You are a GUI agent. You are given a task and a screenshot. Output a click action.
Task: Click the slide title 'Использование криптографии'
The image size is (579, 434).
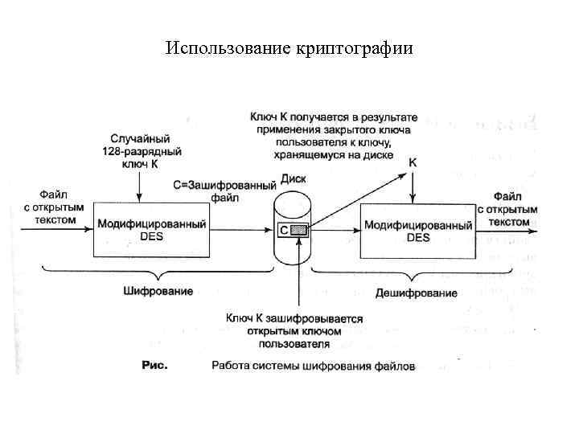coord(289,48)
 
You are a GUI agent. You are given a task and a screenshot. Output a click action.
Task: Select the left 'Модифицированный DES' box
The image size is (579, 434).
coord(150,230)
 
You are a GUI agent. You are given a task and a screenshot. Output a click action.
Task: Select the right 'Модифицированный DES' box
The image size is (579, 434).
coord(417,230)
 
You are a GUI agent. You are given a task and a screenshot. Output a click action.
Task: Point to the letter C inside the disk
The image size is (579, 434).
coord(284,231)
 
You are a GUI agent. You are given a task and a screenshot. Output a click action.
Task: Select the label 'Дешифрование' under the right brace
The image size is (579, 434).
coord(425,293)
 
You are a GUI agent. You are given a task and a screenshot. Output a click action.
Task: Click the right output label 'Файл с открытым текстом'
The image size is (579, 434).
coord(509,208)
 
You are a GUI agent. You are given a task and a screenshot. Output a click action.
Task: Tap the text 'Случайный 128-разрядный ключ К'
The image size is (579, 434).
coord(141,151)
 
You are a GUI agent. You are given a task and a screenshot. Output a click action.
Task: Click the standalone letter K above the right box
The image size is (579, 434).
coord(413,162)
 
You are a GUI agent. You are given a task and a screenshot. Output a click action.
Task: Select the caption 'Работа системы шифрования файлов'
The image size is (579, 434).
coord(314,366)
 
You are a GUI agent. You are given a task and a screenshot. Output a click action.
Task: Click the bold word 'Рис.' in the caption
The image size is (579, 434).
coord(154,366)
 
